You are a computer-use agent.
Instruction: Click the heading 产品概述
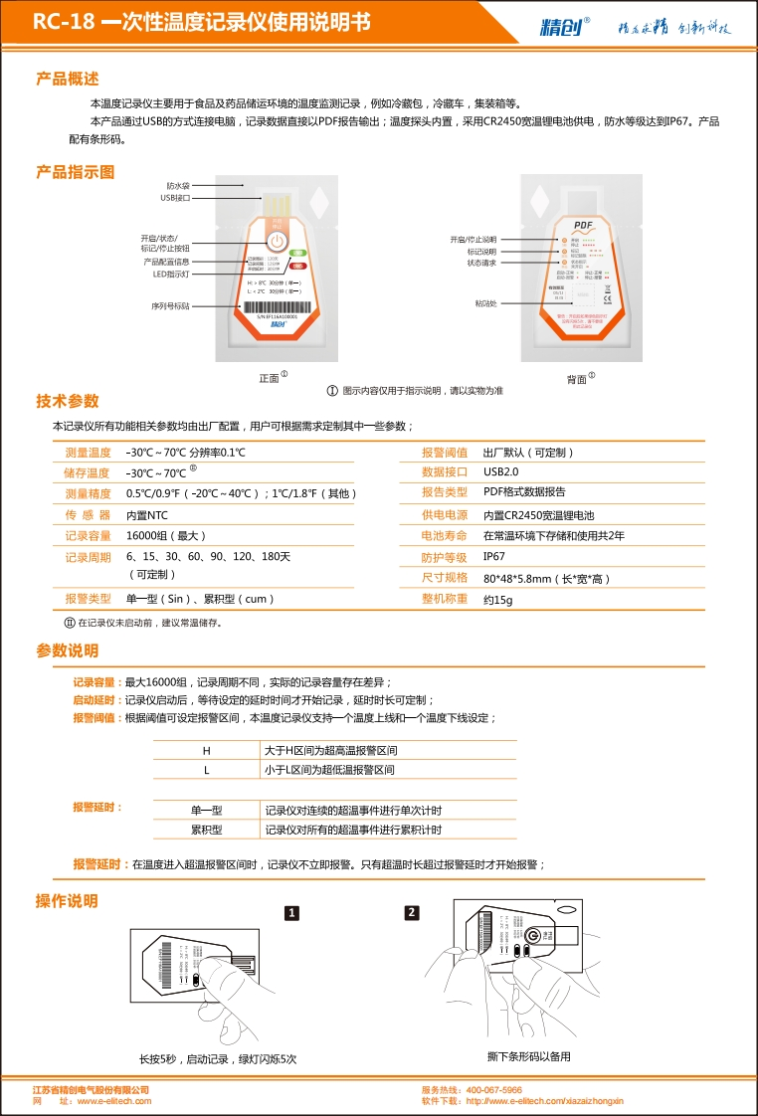tap(67, 79)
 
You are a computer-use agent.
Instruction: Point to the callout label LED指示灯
tap(171, 274)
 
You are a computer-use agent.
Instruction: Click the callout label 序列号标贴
tap(170, 306)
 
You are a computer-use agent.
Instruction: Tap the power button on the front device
tap(278, 242)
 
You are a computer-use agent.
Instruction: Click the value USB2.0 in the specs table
tap(500, 472)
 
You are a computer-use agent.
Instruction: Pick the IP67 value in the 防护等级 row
tap(494, 557)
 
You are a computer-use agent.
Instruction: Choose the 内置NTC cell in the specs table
tap(147, 515)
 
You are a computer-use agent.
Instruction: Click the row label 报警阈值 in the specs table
tap(445, 453)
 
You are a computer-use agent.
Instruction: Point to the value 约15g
tap(498, 600)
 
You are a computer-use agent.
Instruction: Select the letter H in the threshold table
tap(206, 750)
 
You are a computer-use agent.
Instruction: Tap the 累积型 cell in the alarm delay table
tap(206, 830)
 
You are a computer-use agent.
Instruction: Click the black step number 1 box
tap(291, 912)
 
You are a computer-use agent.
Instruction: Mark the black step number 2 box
tap(412, 912)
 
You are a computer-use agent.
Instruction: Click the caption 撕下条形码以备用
tap(529, 1056)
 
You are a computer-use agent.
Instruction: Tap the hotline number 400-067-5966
tap(494, 1090)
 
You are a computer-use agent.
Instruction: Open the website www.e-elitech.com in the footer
tap(114, 1101)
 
